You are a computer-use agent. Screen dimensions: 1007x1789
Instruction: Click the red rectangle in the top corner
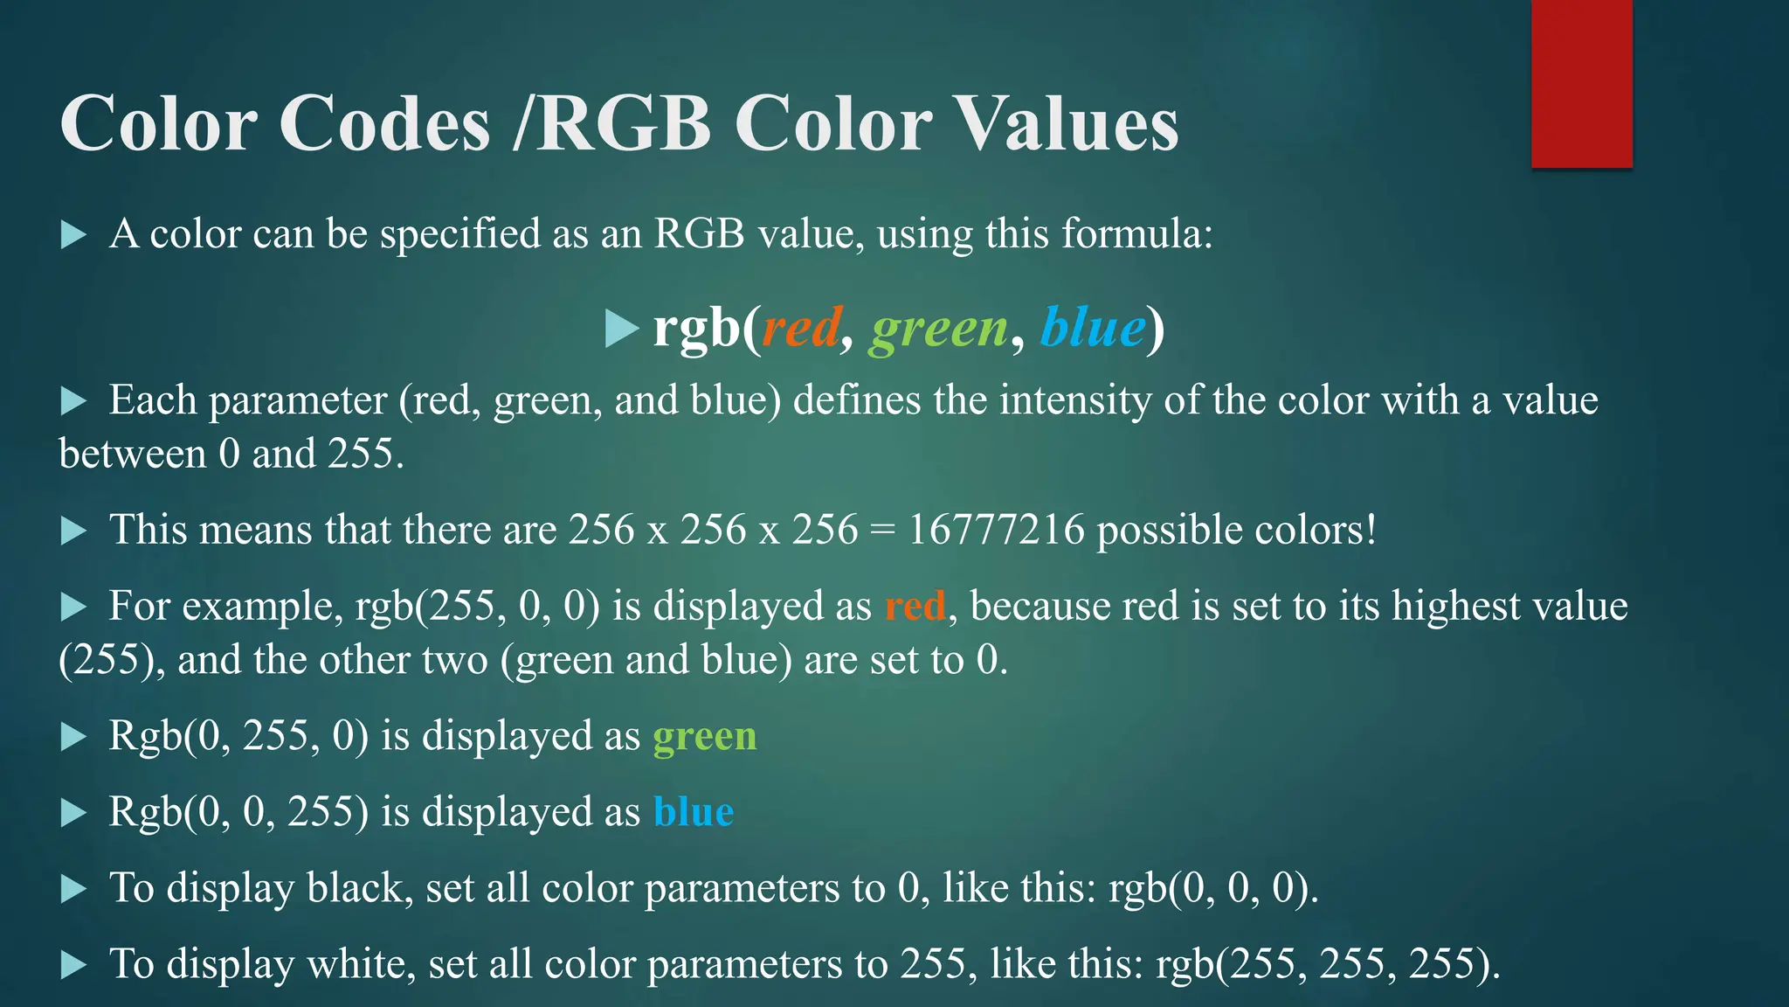[x=1581, y=84]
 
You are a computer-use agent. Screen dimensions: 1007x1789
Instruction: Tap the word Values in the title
[x=1067, y=123]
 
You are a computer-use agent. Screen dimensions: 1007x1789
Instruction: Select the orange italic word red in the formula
[x=801, y=328]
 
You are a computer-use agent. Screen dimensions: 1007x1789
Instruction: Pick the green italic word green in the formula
[x=938, y=330]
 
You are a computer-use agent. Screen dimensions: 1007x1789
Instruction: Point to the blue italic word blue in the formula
[x=1093, y=328]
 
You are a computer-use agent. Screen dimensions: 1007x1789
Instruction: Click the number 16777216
[x=996, y=530]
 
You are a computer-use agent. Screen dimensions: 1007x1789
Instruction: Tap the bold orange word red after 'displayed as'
[x=915, y=606]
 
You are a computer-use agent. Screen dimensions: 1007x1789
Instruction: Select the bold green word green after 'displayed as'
[x=704, y=736]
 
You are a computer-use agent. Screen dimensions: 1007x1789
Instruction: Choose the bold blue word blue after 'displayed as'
[x=693, y=812]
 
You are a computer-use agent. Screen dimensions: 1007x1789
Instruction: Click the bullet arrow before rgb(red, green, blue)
[x=621, y=329]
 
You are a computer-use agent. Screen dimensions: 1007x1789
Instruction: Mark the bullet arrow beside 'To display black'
[x=73, y=890]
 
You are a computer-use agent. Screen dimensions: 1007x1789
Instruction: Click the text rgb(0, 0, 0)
[x=1212, y=888]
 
